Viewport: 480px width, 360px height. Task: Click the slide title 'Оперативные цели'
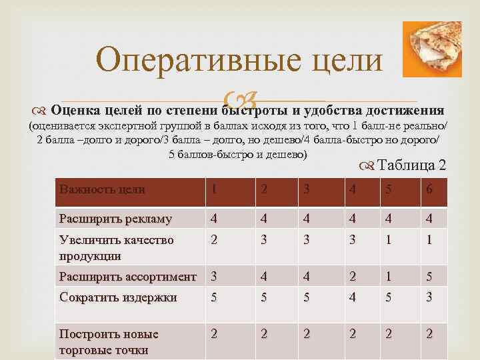[x=239, y=61]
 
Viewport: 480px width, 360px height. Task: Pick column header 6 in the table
[x=429, y=189]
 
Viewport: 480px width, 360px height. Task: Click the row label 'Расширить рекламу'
[x=115, y=218]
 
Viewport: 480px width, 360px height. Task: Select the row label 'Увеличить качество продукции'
[x=116, y=247]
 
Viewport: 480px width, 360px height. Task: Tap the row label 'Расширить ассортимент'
[x=127, y=276]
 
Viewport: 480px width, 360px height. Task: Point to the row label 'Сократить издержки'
[x=118, y=297]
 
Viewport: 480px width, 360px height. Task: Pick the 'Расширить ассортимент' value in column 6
[x=429, y=276]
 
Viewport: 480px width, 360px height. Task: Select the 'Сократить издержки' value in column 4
[x=351, y=297]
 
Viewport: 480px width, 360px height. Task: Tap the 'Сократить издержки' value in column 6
[x=429, y=297]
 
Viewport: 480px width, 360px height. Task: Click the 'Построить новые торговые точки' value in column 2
[x=265, y=334]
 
